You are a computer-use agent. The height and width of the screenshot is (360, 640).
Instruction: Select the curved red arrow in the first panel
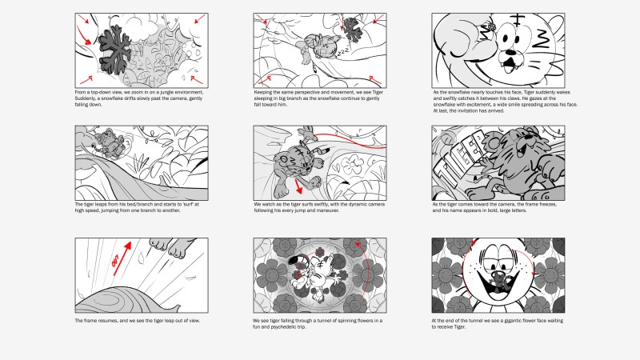(85, 36)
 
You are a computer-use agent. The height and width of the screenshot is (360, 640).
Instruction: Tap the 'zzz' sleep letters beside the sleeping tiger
(343, 51)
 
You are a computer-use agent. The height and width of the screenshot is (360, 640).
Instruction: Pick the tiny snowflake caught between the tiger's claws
(489, 27)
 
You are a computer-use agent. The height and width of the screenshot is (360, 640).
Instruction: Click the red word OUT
(115, 262)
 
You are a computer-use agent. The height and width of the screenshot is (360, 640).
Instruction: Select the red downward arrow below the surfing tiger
(298, 186)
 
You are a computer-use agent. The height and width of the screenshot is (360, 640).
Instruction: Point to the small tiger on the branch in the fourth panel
(107, 143)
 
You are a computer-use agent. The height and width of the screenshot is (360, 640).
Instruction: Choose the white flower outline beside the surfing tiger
(352, 165)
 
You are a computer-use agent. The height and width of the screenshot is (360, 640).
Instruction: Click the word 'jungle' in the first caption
(166, 92)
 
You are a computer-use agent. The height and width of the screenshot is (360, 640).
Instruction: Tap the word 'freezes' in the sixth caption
(548, 204)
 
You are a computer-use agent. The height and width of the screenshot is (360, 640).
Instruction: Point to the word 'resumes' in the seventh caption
(108, 321)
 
